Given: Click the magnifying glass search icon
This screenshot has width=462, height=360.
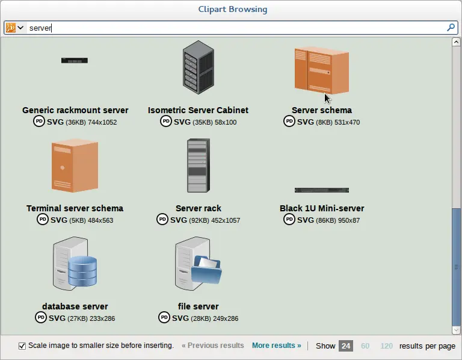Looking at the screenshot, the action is point(451,28).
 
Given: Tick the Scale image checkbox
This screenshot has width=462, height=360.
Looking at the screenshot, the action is point(22,346).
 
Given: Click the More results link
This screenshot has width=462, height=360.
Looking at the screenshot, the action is point(276,346).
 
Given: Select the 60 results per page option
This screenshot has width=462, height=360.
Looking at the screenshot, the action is point(365,346).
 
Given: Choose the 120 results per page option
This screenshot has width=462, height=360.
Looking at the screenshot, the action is point(386,346).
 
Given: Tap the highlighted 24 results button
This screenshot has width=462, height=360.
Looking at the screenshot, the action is point(346,346).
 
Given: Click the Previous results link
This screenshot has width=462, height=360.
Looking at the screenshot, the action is point(213,346).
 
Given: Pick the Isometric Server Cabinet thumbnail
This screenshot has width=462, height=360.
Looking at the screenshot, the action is point(199,67).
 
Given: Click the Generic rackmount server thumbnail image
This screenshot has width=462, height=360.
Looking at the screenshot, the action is point(75,60).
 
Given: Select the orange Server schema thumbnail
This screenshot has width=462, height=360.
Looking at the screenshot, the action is point(322,70).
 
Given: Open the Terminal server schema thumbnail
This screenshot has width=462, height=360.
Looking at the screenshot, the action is point(75,166).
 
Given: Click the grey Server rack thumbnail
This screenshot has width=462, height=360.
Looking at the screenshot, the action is point(199,166).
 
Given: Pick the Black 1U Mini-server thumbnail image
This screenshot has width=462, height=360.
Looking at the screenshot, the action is point(322,190).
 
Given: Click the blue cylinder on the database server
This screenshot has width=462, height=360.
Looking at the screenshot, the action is point(82,272).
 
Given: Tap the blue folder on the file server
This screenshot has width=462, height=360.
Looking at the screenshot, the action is point(206,270).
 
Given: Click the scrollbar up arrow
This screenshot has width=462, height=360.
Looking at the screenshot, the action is point(456,42).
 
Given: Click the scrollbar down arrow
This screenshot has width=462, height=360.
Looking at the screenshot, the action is point(456,331).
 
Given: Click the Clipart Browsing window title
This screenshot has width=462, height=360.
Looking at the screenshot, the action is point(233,10).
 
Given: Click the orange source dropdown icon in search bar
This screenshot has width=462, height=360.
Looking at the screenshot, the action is point(11,28).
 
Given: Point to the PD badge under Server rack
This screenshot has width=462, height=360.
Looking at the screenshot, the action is point(162,219).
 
